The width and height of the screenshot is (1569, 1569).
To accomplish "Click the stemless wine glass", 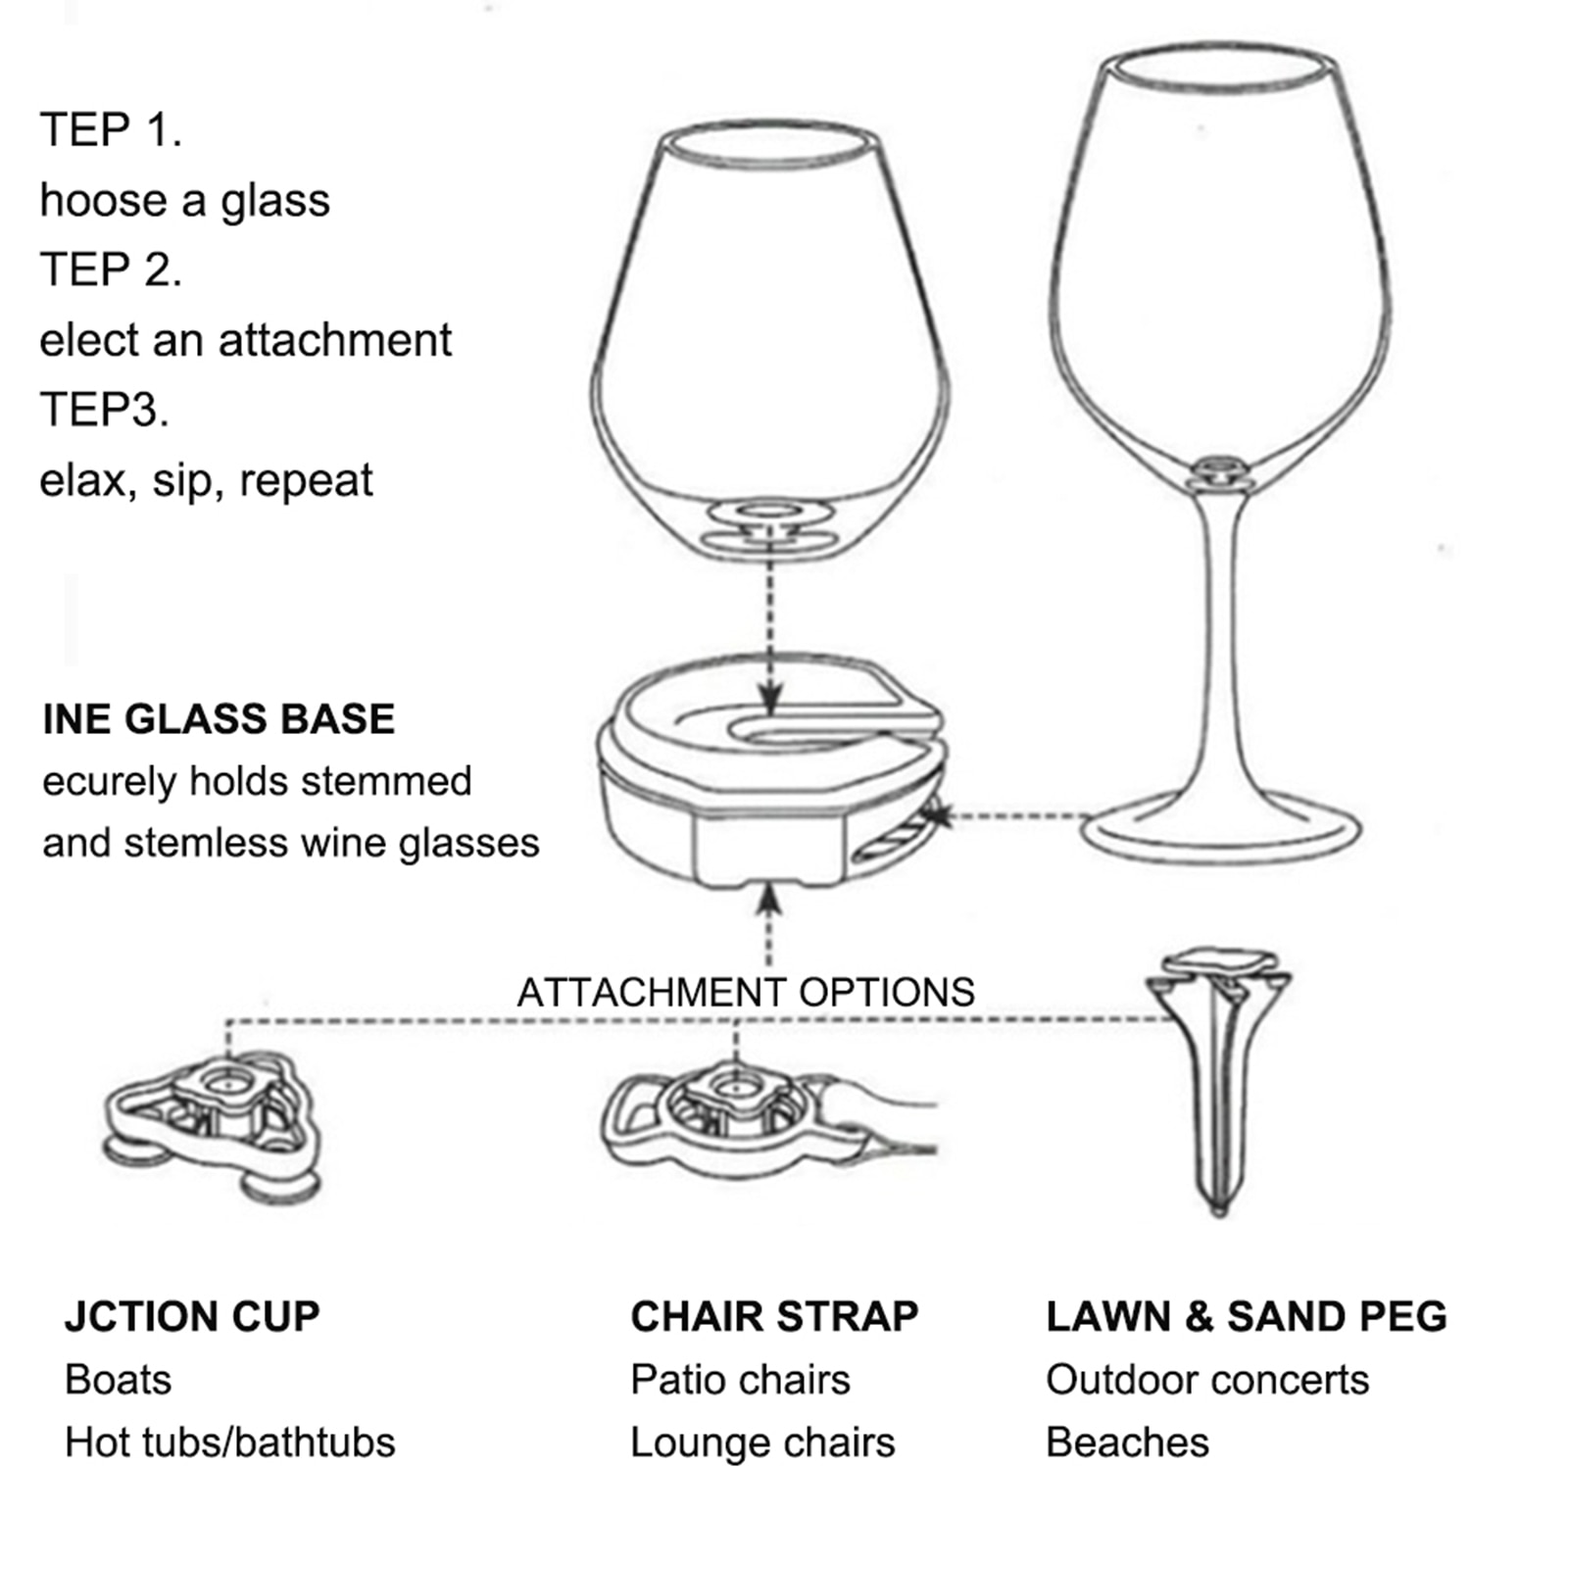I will click(x=769, y=343).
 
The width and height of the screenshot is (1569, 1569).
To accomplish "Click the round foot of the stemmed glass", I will click(x=1221, y=833).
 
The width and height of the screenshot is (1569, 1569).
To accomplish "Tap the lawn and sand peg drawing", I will click(x=1218, y=1078).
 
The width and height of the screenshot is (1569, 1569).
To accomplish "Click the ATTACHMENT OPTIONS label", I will click(x=746, y=993).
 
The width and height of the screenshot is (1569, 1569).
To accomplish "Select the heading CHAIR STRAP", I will click(x=774, y=1316).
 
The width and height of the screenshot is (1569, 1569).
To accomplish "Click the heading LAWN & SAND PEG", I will click(x=1246, y=1316).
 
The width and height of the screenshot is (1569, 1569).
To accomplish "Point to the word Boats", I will click(x=119, y=1380).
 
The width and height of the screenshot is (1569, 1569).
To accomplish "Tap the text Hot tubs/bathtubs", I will click(x=230, y=1443).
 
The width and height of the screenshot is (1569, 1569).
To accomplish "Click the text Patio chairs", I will click(x=740, y=1380).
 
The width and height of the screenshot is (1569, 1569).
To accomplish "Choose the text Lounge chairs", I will click(x=762, y=1443).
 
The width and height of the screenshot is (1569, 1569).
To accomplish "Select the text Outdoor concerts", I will click(x=1206, y=1380).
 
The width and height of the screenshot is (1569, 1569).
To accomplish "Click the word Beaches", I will click(x=1127, y=1443).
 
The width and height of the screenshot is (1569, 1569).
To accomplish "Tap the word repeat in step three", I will click(x=306, y=480).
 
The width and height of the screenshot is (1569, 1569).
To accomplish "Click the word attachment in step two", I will click(x=334, y=340).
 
